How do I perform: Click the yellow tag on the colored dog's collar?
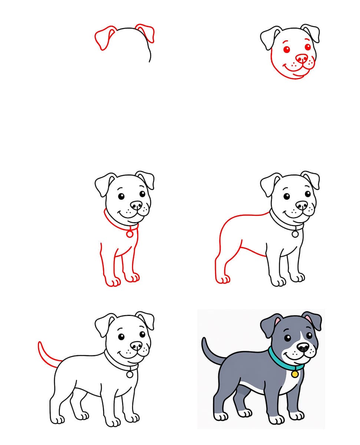pos(295,374)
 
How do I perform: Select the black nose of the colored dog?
pos(303,347)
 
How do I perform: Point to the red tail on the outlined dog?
pos(44,354)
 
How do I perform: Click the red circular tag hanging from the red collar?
pos(129,234)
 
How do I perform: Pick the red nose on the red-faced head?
pos(302,58)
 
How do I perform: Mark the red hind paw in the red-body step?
pos(223,279)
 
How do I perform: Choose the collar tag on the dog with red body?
pos(295,234)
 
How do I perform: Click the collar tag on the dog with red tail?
pos(129,375)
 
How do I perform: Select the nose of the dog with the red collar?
pos(136,205)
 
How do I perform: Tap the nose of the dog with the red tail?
pos(136,345)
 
